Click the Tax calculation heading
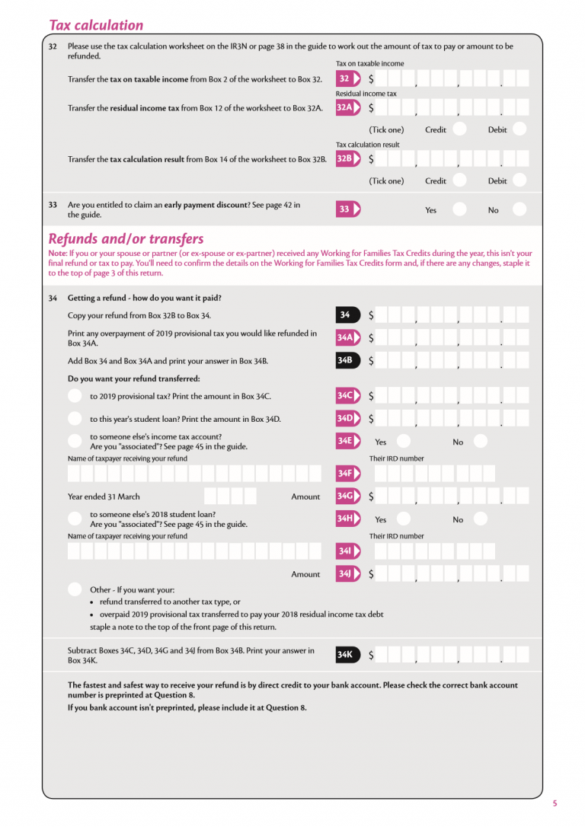click(96, 25)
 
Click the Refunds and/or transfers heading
click(126, 238)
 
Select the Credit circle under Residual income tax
click(459, 129)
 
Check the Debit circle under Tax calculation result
click(519, 181)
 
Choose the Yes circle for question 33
click(459, 209)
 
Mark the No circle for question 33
click(519, 209)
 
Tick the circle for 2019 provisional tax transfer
click(75, 395)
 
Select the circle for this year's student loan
click(75, 418)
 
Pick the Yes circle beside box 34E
click(404, 442)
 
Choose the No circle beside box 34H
click(480, 519)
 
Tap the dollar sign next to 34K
click(371, 655)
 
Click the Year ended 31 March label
click(104, 497)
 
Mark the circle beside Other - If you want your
click(75, 589)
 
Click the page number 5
click(555, 803)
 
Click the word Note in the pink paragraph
click(56, 253)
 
